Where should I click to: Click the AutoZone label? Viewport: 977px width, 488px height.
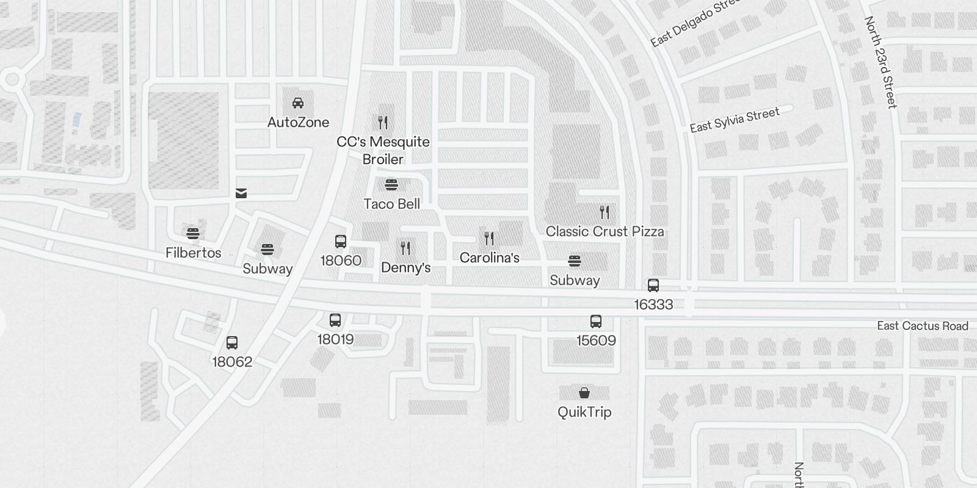point(298,123)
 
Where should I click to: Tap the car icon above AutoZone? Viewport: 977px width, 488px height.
point(298,103)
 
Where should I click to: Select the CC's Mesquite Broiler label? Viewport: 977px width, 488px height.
point(383,151)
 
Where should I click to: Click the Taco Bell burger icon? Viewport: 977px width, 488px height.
point(391,185)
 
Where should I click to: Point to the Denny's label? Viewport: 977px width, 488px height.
point(406,268)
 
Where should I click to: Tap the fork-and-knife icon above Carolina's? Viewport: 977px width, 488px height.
point(489,238)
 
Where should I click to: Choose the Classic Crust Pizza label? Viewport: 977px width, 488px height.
point(605,232)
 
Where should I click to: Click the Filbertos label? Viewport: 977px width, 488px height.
point(194,253)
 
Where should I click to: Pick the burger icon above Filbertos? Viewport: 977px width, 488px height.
point(193,233)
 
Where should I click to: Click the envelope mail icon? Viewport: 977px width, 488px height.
point(241,194)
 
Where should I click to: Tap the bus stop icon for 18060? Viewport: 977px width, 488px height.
point(341,242)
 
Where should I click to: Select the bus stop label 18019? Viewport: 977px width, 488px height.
point(335,340)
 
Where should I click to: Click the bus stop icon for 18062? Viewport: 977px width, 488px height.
point(232,343)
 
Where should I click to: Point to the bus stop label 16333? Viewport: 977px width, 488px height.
point(653,304)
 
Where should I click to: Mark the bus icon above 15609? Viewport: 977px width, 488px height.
point(596,321)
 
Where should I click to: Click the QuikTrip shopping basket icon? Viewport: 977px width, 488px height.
point(584,393)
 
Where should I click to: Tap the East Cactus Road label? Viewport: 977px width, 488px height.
point(923,326)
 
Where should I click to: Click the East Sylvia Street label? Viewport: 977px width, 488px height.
point(735,120)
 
